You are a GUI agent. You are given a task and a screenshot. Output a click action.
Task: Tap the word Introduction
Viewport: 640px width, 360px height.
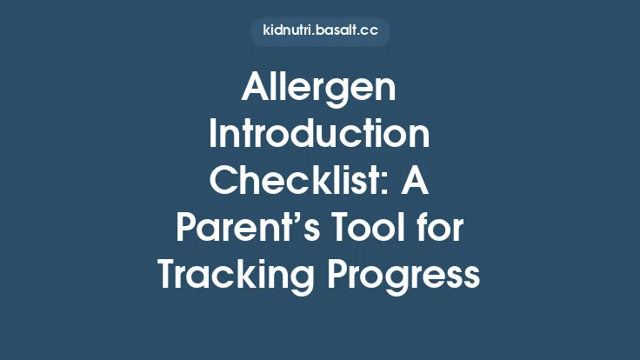[319, 137]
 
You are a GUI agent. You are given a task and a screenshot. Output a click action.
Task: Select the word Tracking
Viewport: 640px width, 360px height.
[229, 275]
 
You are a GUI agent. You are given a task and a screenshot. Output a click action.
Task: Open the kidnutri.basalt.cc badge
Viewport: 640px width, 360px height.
[319, 31]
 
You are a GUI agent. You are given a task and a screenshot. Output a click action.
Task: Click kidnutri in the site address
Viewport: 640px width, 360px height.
[286, 31]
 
